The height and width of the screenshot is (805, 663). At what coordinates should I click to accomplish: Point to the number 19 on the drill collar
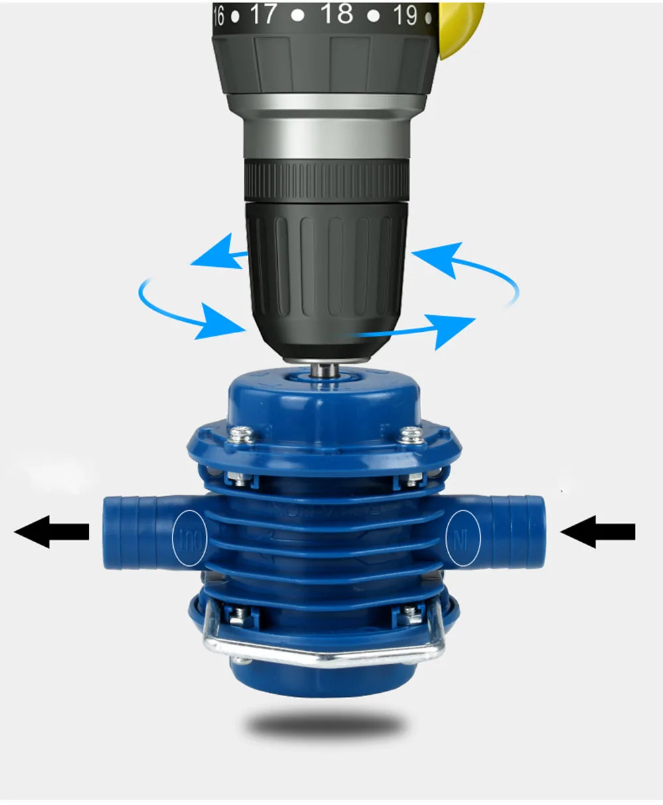404,15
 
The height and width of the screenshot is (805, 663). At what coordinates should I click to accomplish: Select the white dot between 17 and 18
299,15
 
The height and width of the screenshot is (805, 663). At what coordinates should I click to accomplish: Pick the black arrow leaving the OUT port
52,531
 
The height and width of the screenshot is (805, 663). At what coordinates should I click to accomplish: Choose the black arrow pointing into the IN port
598,531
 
